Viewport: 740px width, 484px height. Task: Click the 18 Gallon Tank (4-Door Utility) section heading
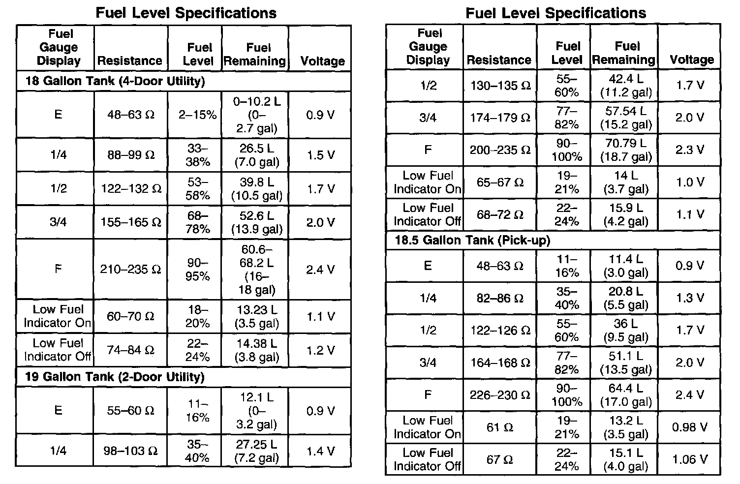115,81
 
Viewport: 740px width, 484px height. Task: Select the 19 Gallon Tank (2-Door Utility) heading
115,377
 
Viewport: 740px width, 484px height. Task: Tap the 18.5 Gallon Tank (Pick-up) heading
473,240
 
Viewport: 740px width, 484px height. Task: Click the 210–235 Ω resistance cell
130,270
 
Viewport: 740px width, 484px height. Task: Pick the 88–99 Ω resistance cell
131,155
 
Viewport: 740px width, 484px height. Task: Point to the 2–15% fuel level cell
198,115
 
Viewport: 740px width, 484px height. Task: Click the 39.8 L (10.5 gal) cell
257,189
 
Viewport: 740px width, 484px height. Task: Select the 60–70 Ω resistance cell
130,316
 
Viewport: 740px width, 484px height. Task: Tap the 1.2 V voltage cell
321,350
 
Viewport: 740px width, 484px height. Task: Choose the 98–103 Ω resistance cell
130,451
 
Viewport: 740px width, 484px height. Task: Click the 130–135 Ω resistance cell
500,86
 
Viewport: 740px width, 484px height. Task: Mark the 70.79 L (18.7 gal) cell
626,150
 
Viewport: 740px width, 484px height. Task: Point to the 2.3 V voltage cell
690,150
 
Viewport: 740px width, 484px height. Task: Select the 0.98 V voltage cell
690,427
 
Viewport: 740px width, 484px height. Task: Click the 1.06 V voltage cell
690,459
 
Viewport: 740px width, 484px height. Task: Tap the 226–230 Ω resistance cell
500,395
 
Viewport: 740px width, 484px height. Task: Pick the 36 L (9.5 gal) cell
626,330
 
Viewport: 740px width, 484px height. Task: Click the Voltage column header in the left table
322,61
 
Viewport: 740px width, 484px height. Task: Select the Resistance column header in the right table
499,60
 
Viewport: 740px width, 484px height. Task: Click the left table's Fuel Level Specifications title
186,13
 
